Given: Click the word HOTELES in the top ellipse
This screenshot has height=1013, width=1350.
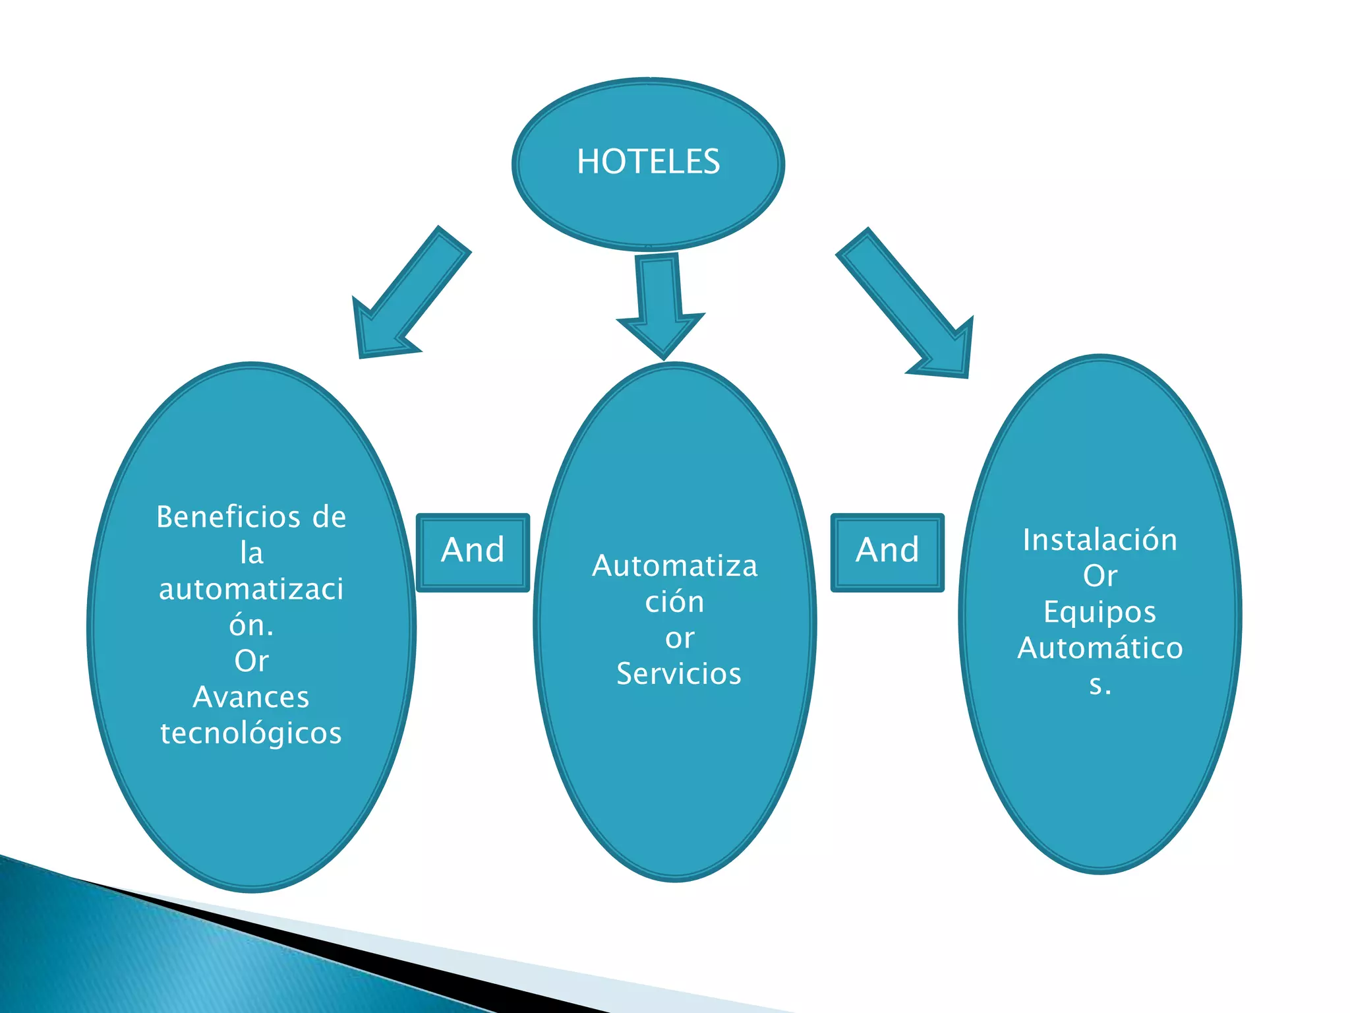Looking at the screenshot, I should pos(648,162).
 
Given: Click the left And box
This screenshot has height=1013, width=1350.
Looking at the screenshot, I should pos(473,551).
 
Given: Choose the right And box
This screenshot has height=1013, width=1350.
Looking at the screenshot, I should pos(887,551).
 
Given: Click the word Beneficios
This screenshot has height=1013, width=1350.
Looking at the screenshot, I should pos(227,517).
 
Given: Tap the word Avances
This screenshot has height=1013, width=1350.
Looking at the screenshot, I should pos(251,697).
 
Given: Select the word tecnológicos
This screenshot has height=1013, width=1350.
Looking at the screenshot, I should pos(251,733).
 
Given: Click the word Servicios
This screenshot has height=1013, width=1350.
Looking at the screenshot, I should pos(679,674).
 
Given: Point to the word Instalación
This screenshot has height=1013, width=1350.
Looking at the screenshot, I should pos(1100,540).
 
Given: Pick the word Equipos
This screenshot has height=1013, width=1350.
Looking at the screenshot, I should pos(1100,612).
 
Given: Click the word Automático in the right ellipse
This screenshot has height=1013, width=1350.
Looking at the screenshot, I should pos(1100,648).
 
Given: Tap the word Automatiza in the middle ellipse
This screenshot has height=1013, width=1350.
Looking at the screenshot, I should pos(675,566).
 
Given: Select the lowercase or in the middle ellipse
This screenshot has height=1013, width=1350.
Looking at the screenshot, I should pos(679,638).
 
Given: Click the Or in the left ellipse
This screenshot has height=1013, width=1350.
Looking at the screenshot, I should pos(251,661).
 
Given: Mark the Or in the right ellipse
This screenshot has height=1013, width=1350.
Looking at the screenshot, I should pos(1100,576).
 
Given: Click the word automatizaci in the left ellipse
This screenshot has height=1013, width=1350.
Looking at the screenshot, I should pos(251,589).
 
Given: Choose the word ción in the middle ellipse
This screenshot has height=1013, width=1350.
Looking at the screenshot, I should pos(674,602).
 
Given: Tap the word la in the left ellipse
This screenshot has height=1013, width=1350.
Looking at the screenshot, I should pos(251,553).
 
